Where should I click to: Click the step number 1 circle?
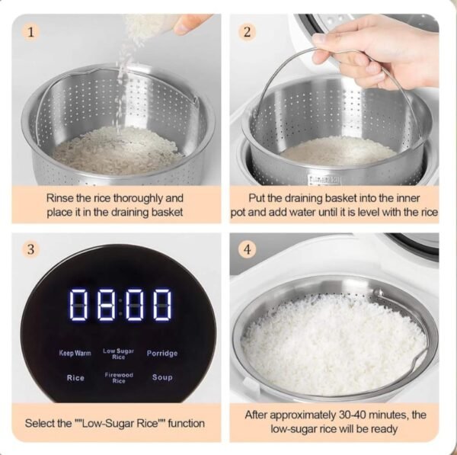(x=31, y=32)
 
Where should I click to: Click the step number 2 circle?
(x=248, y=32)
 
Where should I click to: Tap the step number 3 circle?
(x=31, y=249)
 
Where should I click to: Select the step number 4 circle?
(x=248, y=249)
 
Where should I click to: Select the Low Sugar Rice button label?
(x=118, y=354)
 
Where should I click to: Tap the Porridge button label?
(x=162, y=353)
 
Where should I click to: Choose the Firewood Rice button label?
(x=118, y=377)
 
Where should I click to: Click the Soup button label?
(x=162, y=377)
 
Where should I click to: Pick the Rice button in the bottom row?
(x=75, y=377)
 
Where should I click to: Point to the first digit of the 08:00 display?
(x=81, y=305)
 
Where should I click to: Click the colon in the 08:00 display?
(x=120, y=305)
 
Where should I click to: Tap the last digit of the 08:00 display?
(x=161, y=305)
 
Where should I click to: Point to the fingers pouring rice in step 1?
(x=191, y=24)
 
